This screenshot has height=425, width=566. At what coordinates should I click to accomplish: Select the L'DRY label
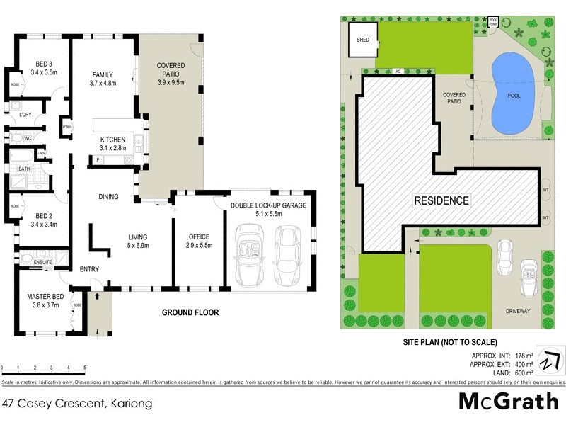25,115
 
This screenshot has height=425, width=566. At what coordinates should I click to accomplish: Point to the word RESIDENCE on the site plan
441,200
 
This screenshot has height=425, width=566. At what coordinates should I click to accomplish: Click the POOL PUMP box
494,23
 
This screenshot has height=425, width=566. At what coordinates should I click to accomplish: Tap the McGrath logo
509,402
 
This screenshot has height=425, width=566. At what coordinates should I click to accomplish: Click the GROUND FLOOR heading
190,312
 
